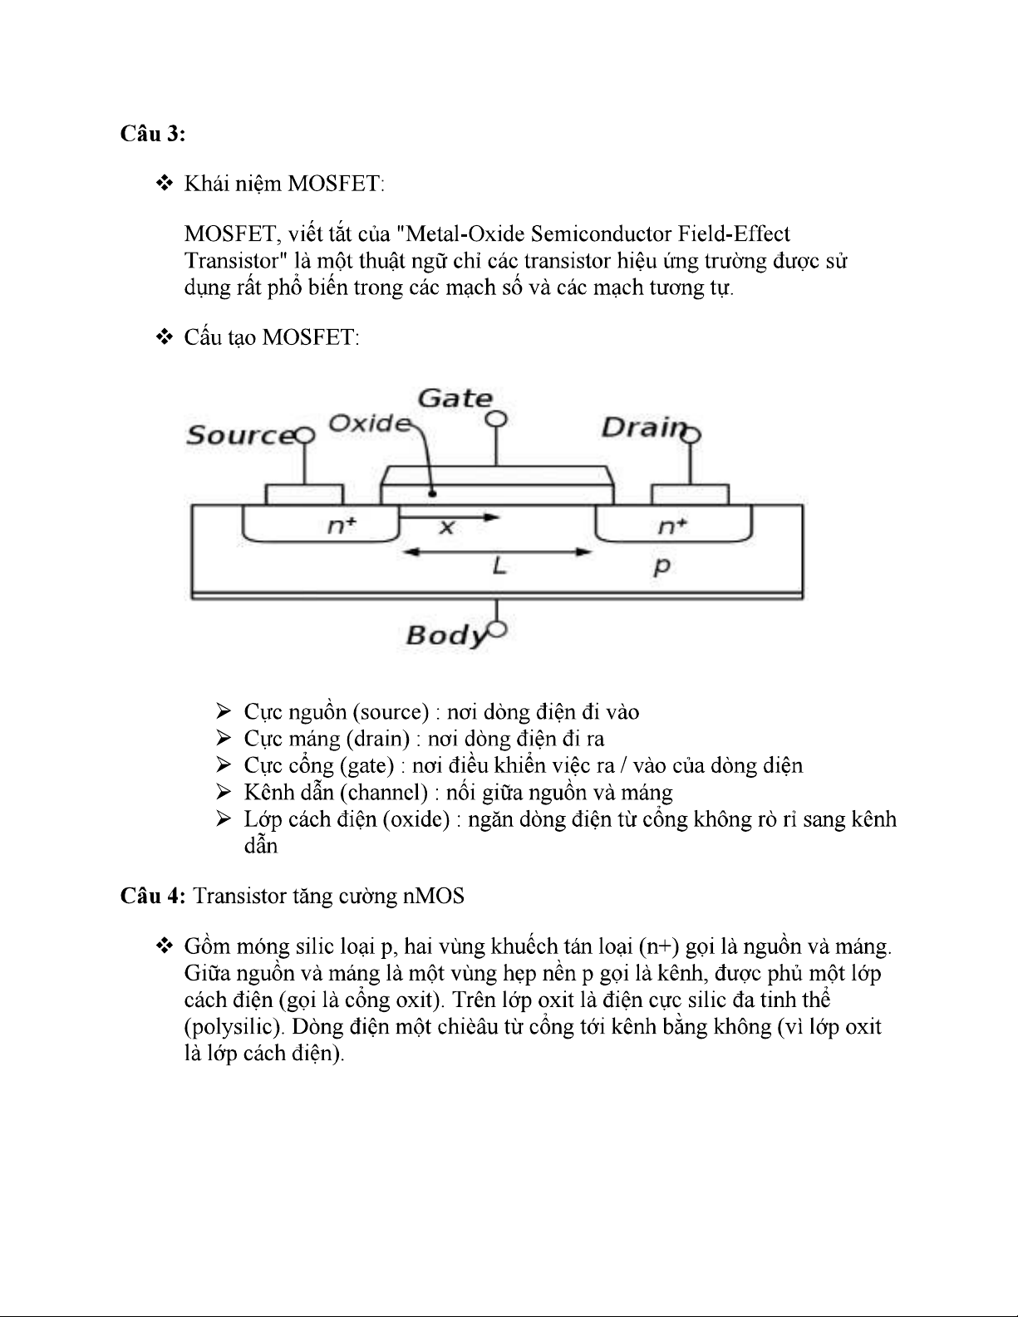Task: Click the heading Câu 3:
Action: pos(152,134)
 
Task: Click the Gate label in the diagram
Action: pos(455,399)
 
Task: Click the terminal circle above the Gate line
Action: pos(496,419)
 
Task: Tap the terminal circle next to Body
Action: pos(497,630)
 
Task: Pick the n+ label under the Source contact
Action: pos(341,525)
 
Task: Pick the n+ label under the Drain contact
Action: pos(672,525)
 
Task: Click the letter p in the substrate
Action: pos(661,567)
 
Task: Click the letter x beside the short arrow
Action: pos(446,527)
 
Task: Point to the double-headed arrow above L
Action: pos(497,550)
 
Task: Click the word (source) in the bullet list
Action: pos(390,712)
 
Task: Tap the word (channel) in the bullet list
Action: pos(384,793)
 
